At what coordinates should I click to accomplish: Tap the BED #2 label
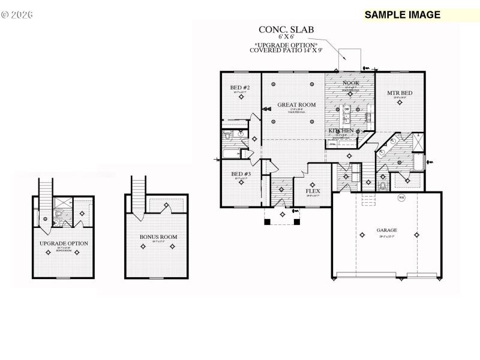tap(240, 88)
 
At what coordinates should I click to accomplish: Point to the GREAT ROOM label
tap(293, 105)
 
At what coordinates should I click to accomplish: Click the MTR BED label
tap(399, 93)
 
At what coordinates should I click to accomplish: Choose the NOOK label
tap(350, 83)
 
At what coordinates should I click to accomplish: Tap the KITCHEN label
tap(340, 130)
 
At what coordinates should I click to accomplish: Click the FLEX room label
tap(313, 191)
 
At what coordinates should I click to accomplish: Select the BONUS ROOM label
tap(158, 237)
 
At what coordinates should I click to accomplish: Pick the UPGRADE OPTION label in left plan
tap(64, 243)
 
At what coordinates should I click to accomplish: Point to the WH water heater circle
tap(401, 197)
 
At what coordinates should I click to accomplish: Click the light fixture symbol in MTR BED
tap(399, 103)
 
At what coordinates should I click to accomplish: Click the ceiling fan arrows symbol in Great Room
tap(265, 109)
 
